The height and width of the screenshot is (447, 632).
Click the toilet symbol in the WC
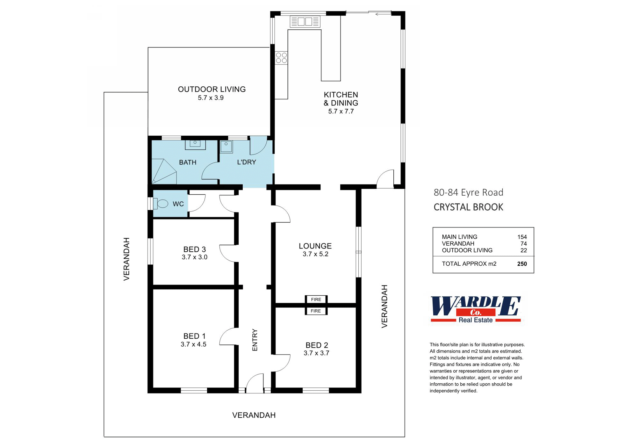[x=162, y=203]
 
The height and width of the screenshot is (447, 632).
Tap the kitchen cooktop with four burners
[x=281, y=58]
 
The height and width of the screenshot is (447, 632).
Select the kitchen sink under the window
[x=305, y=22]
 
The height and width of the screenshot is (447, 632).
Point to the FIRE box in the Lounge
[x=316, y=299]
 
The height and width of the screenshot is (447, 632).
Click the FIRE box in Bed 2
[x=316, y=311]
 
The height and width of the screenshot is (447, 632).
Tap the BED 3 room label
[x=194, y=249]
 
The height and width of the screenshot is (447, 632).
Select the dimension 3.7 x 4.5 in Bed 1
[x=193, y=344]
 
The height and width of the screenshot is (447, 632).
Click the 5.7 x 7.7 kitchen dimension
[x=341, y=112]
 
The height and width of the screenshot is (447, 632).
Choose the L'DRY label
[x=247, y=162]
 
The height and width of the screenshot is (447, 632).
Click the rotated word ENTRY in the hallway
[x=255, y=340]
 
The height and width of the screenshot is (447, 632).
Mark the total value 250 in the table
[x=522, y=264]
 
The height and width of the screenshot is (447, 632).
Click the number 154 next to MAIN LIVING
[x=522, y=237]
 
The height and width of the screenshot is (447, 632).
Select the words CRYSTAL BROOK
[x=468, y=207]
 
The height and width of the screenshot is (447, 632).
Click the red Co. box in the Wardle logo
[x=476, y=312]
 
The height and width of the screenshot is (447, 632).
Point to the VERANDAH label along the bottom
[x=254, y=415]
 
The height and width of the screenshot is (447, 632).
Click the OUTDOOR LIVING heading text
[x=212, y=89]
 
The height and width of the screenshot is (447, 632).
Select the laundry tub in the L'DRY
[x=226, y=147]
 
